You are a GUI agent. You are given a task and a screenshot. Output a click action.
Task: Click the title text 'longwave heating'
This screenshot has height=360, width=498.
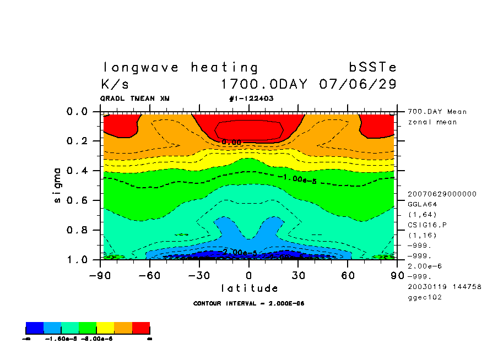pos(180,68)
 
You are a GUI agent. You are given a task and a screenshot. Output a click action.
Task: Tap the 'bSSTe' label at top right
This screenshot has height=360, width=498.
pos(372,68)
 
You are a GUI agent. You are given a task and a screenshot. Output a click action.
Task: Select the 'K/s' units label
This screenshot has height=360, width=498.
pos(115,85)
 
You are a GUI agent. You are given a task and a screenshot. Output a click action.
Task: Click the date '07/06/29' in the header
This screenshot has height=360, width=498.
pos(358,85)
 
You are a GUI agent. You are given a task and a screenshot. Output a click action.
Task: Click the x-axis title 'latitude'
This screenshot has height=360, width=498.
pos(250,288)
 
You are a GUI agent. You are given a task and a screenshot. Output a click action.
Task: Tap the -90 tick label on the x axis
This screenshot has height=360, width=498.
pos(100,275)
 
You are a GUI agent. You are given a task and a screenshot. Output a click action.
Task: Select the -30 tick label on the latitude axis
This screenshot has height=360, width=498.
pos(199,275)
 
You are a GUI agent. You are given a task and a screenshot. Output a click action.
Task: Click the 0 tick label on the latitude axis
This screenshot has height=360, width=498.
pos(249,275)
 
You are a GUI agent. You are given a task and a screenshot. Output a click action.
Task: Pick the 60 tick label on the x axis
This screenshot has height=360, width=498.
pos(348,275)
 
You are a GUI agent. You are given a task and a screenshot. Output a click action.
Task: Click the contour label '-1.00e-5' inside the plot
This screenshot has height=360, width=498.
pos(296,178)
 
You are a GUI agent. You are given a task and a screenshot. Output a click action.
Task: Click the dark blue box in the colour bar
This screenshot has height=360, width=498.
pos(35,329)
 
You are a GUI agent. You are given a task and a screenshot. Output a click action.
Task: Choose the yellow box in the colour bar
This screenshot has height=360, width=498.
pos(105,329)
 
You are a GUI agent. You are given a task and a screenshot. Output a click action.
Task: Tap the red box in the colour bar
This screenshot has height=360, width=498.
pos(141,329)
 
